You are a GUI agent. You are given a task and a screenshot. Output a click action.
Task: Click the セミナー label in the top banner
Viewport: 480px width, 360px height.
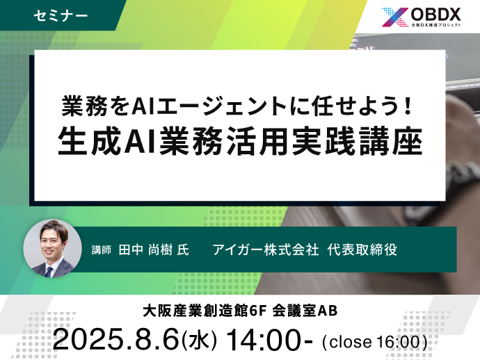tap(61, 15)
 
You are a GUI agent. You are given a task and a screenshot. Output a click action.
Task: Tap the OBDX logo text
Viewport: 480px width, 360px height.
tap(435, 14)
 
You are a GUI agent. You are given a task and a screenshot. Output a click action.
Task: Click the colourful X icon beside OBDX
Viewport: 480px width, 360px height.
tap(395, 17)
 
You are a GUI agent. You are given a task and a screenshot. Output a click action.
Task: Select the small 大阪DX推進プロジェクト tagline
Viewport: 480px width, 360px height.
tap(436, 25)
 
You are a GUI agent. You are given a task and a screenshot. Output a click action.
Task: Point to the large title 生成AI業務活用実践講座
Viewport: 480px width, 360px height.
tap(240, 141)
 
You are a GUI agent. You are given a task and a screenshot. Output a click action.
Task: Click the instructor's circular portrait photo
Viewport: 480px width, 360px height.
tap(53, 248)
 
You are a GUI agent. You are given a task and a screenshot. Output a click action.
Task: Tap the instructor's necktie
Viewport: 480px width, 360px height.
tap(49, 272)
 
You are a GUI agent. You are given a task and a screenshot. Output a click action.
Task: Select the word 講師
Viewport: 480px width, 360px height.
tap(101, 250)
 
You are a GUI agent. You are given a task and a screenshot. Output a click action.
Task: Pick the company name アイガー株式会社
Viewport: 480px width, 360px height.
tap(266, 249)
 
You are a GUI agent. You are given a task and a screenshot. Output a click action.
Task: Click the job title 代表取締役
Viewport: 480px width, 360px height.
tap(362, 249)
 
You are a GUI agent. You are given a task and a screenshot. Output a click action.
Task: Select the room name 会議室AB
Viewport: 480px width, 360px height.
tap(305, 311)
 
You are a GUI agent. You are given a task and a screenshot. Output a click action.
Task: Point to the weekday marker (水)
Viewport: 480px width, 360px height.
tap(199, 340)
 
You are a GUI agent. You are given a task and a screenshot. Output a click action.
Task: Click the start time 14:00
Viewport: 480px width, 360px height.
tap(266, 339)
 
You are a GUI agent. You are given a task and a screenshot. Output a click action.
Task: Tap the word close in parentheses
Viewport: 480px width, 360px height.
tap(351, 342)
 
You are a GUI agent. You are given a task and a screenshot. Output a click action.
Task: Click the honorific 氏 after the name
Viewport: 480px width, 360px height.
tap(183, 250)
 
